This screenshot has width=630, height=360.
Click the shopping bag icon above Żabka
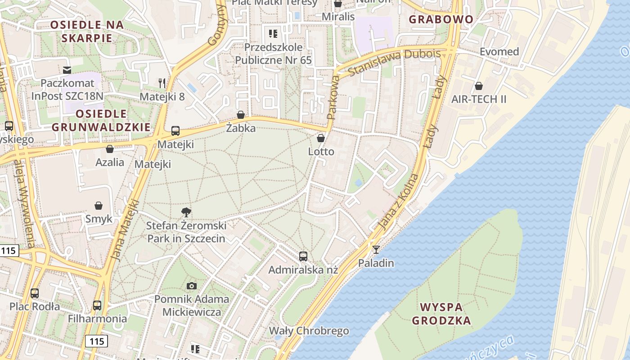241,115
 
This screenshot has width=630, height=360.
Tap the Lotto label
321,152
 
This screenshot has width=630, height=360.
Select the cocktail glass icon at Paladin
376,249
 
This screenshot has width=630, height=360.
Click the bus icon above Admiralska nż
303,256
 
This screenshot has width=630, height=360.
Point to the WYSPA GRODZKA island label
441,314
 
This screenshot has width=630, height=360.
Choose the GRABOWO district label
441,19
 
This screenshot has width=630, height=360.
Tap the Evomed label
499,52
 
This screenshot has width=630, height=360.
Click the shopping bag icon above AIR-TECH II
479,85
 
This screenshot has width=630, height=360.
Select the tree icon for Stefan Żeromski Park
186,212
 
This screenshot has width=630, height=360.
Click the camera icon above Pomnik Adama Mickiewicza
192,286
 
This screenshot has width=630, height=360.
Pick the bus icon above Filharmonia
97,306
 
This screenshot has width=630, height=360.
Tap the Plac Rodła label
35,307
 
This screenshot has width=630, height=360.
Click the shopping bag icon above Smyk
99,206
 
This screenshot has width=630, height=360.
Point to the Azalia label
110,162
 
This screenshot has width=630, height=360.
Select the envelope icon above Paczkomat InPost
67,70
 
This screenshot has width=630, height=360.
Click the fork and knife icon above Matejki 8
162,83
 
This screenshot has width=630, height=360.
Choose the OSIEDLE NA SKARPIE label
87,31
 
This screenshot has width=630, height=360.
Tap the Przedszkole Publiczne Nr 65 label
273,54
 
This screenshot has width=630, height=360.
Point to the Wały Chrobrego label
309,331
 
